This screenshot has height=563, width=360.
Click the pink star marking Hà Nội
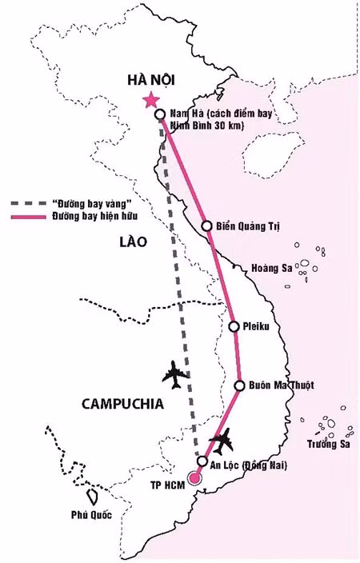coord(150,100)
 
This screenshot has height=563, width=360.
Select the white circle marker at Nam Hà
coord(160,114)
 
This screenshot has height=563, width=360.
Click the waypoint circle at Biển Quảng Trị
coord(206,226)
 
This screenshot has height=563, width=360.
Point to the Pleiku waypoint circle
coord(234,326)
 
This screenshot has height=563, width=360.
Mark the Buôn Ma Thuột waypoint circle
coord(239,385)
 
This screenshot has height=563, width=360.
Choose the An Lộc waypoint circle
coord(203,462)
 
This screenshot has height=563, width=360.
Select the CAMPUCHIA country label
coord(122,404)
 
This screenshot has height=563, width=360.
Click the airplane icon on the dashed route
coord(175,373)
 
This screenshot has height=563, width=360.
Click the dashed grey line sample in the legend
coord(30,205)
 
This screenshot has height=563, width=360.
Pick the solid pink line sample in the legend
coord(30,217)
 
